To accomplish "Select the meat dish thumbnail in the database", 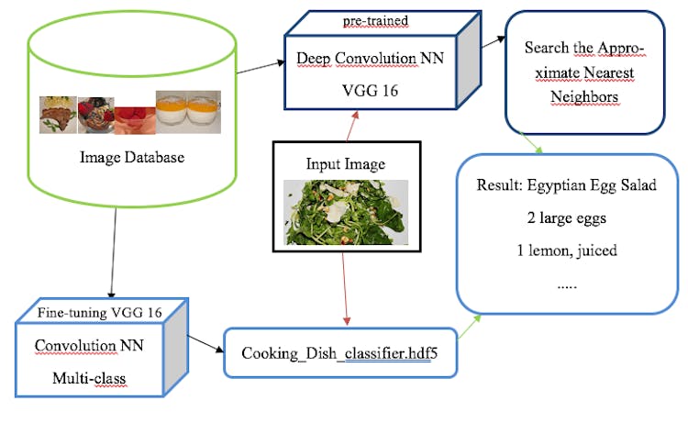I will tap(58, 117).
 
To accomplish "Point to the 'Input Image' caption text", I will tap(346, 164).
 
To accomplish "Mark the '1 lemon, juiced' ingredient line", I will tap(566, 251).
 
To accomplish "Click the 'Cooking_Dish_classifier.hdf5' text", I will tap(338, 353).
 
